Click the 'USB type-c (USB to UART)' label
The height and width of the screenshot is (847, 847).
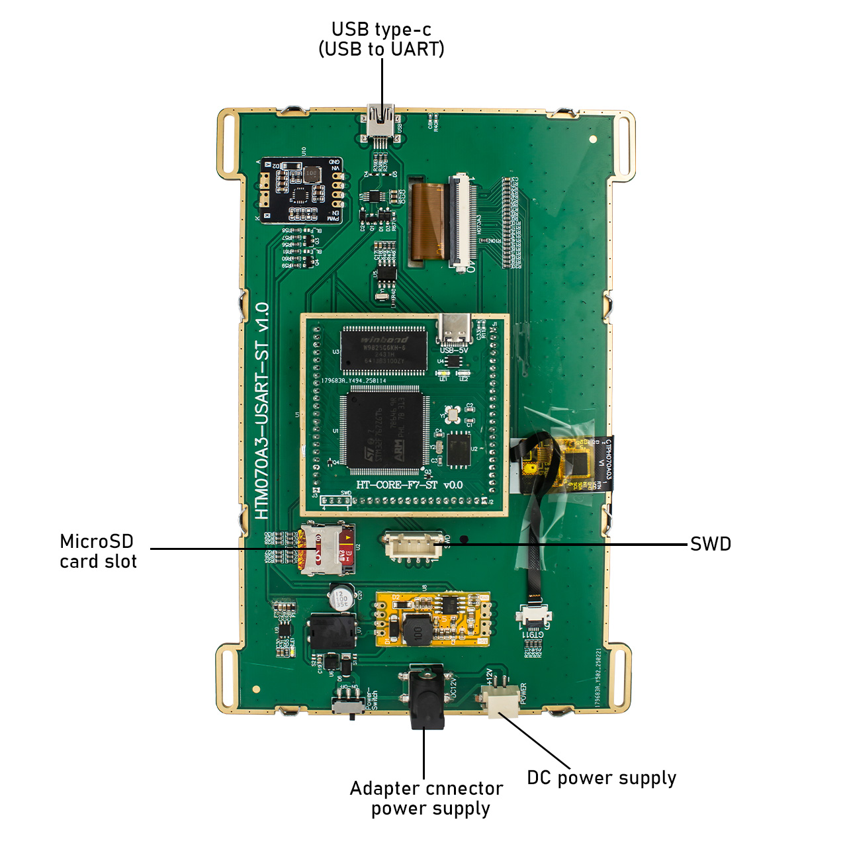click(381, 40)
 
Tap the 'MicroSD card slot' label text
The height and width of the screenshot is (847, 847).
click(98, 551)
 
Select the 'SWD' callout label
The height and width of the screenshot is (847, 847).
click(710, 544)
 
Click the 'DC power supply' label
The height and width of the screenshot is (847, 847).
click(601, 778)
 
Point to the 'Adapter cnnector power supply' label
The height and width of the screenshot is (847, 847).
click(427, 798)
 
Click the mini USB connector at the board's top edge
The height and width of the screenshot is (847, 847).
click(381, 122)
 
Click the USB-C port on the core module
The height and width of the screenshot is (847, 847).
click(455, 330)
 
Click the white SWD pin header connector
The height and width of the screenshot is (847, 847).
click(413, 546)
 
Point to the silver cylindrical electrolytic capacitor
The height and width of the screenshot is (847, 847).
click(341, 597)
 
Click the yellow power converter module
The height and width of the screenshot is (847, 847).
click(433, 619)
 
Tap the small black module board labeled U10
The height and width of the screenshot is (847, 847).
click(301, 191)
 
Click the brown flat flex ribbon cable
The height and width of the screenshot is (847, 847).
click(427, 222)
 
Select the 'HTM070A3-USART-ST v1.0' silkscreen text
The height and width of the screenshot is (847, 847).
click(262, 410)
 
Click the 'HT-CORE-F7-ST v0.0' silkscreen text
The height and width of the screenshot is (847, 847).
click(409, 485)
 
